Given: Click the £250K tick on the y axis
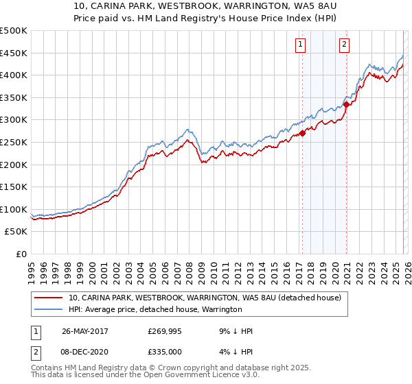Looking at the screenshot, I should [x=14, y=142].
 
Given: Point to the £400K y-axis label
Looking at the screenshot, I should [x=14, y=75].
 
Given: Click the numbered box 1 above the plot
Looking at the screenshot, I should [x=301, y=45].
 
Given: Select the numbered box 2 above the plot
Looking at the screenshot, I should [x=344, y=45].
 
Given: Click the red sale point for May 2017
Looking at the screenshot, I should [x=303, y=133].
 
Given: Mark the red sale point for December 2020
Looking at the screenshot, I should [x=346, y=104].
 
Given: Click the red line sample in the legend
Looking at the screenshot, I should [x=48, y=298].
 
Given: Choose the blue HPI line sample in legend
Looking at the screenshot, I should [x=48, y=309].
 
